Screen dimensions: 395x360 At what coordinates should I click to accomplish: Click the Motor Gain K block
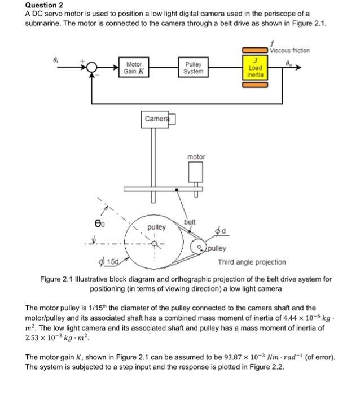134,69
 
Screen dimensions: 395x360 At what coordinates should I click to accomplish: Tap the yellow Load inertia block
255,69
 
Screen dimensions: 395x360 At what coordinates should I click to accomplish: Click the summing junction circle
92,69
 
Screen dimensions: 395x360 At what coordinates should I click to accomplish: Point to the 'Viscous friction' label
290,50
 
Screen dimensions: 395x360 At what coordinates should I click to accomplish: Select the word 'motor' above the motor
196,156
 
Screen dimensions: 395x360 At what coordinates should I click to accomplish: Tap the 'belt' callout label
190,222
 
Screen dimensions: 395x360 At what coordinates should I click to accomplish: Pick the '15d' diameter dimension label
111,262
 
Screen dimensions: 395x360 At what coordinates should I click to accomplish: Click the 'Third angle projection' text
252,262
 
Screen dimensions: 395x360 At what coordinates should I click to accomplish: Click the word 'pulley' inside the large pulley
156,227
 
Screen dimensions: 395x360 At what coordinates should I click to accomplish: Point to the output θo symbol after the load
289,63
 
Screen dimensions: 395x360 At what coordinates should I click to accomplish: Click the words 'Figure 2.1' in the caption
57,279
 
